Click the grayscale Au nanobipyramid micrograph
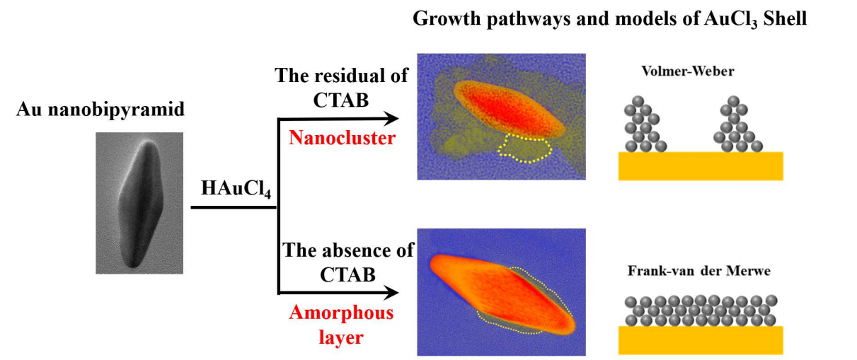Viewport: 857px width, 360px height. click(139, 203)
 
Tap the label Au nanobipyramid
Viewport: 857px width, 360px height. click(100, 110)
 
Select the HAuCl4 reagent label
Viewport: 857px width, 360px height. click(236, 188)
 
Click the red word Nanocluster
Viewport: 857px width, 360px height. click(342, 138)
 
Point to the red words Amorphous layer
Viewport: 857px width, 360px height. click(341, 325)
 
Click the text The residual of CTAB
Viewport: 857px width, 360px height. click(341, 88)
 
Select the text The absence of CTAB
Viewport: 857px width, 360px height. click(347, 262)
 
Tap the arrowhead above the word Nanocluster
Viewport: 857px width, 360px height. click(391, 119)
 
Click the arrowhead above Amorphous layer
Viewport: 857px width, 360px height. click(391, 293)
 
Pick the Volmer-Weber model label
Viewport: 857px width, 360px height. click(688, 71)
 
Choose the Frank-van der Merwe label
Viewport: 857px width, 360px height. click(699, 271)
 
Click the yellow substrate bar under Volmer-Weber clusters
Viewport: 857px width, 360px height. click(701, 166)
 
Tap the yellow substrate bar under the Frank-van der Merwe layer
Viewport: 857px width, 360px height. click(701, 340)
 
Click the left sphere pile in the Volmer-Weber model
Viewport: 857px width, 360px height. click(645, 124)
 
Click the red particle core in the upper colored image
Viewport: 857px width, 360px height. click(508, 109)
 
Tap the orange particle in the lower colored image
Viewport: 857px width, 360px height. click(501, 292)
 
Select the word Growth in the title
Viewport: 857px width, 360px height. click(447, 18)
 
